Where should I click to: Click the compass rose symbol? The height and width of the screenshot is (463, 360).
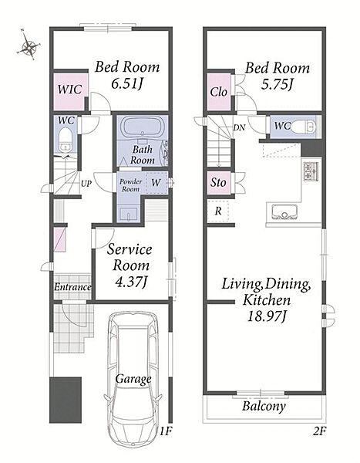29,45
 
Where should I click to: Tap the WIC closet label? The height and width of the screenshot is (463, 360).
69,90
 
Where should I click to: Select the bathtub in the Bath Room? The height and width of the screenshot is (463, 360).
142,127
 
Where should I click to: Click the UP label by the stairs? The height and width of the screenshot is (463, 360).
86,184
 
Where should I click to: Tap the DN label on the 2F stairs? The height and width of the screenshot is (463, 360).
239,128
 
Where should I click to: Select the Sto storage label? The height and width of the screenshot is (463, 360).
218,182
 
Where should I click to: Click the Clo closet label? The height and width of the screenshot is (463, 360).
219,92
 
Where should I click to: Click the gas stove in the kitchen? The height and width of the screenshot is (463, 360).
311,171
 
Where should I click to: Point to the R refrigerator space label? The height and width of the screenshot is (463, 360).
218,211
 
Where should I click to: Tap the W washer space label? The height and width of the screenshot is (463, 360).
156,182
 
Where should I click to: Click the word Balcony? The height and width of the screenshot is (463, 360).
264,407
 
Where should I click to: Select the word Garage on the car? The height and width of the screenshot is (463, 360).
133,379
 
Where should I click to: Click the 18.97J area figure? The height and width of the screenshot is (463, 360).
267,317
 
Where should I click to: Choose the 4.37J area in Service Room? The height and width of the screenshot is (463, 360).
131,282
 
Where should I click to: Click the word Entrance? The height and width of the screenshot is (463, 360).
72,287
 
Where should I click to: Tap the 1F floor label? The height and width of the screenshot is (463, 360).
166,431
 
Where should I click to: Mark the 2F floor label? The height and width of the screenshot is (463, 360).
320,431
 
